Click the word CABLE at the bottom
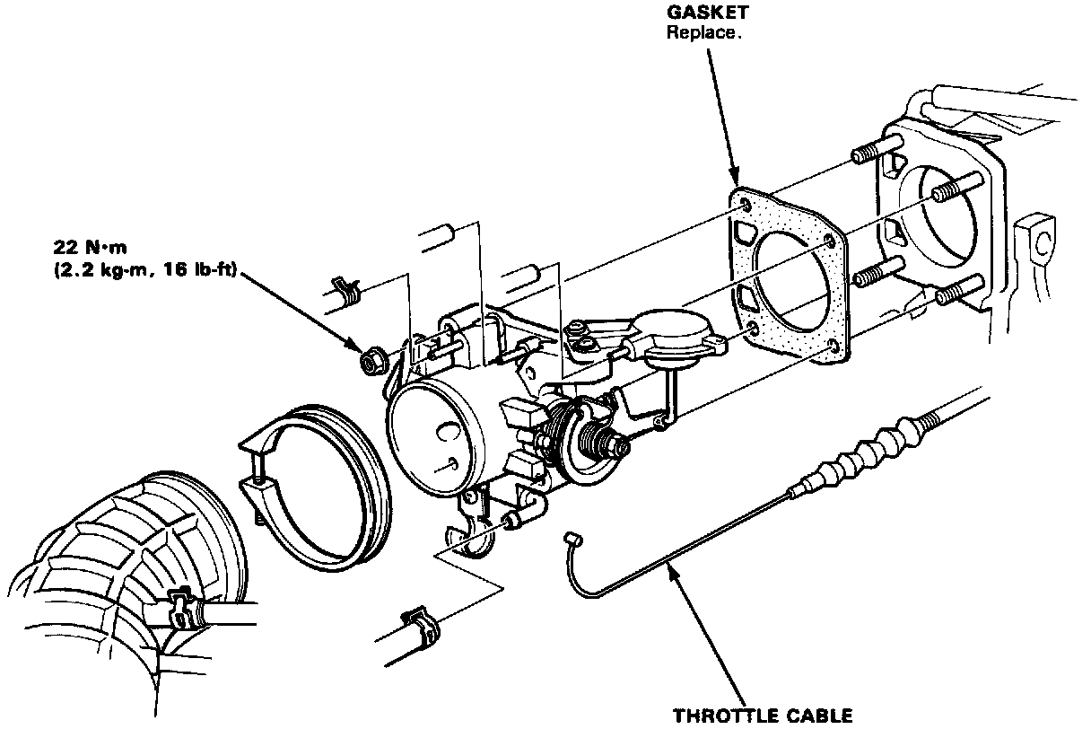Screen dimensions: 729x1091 click(816, 716)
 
